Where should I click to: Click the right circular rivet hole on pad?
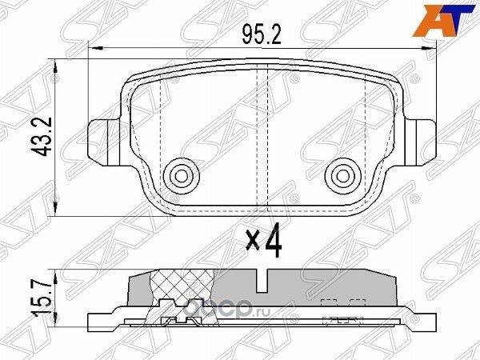tap(345, 174)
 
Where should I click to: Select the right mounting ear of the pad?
tap(419, 134)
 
